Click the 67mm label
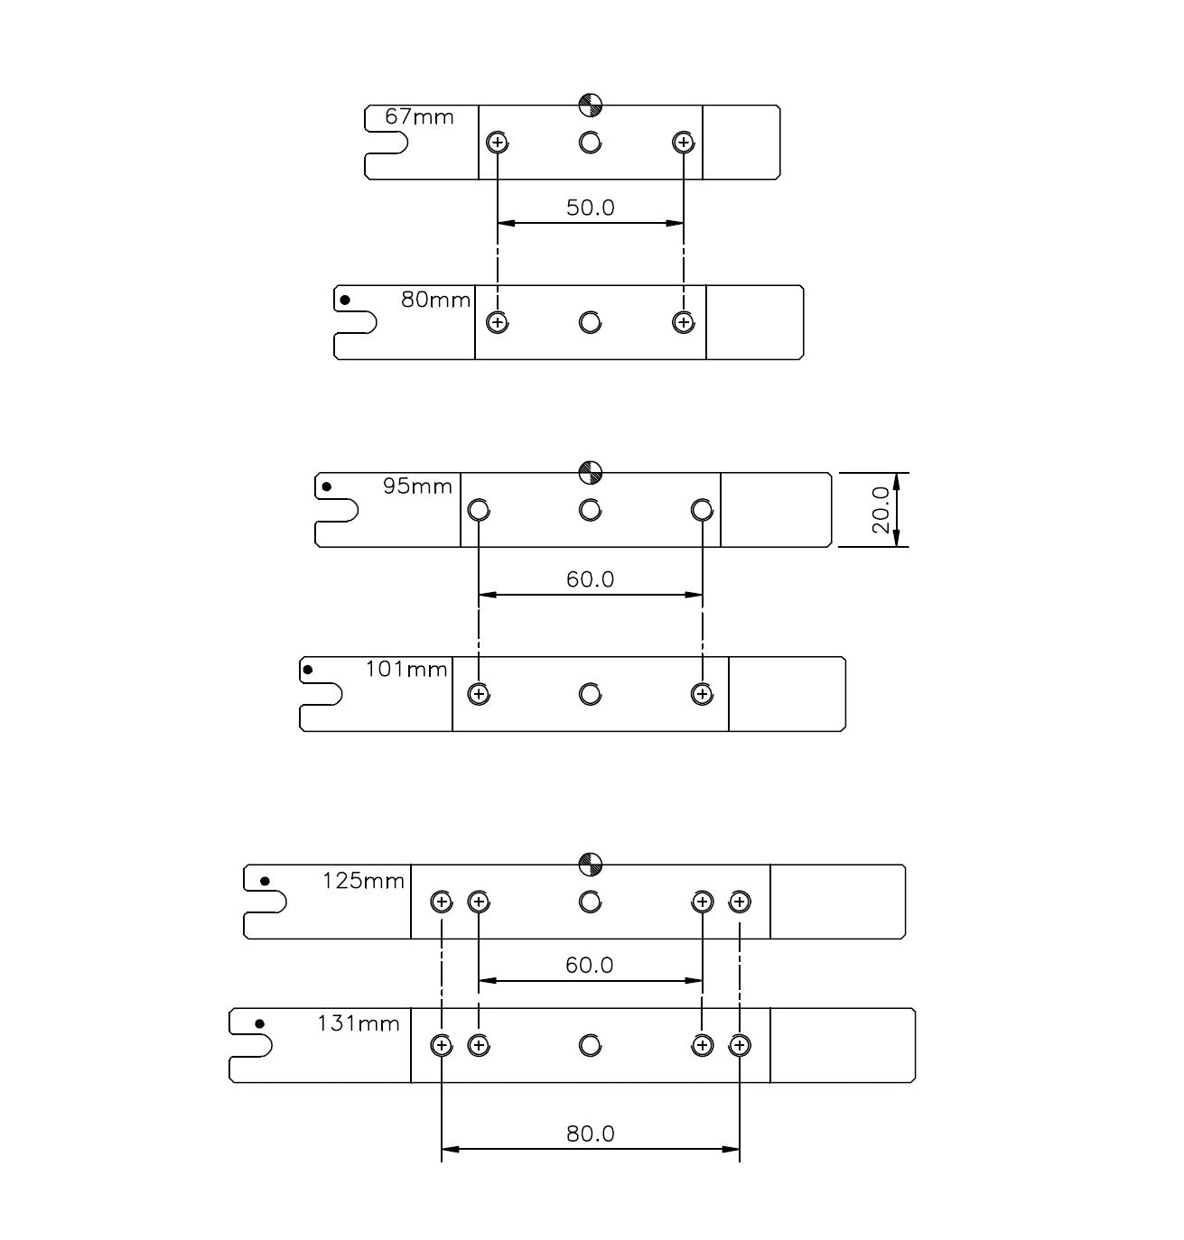(x=419, y=116)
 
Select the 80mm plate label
(x=435, y=300)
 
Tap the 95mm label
(x=417, y=486)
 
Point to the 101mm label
(x=406, y=670)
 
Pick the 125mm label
(x=363, y=880)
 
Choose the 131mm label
(x=358, y=1023)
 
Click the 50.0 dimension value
(x=590, y=208)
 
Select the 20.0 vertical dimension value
(x=881, y=510)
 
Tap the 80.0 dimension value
(x=590, y=1134)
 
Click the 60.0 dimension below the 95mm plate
(x=590, y=579)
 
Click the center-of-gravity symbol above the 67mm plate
(x=590, y=106)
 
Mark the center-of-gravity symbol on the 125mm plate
(x=590, y=865)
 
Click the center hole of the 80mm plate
(x=590, y=322)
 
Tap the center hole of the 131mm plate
(x=590, y=1045)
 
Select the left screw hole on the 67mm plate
(x=498, y=143)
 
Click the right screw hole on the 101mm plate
(x=702, y=694)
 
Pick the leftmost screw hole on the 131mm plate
(x=442, y=1045)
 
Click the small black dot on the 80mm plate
(x=344, y=300)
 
